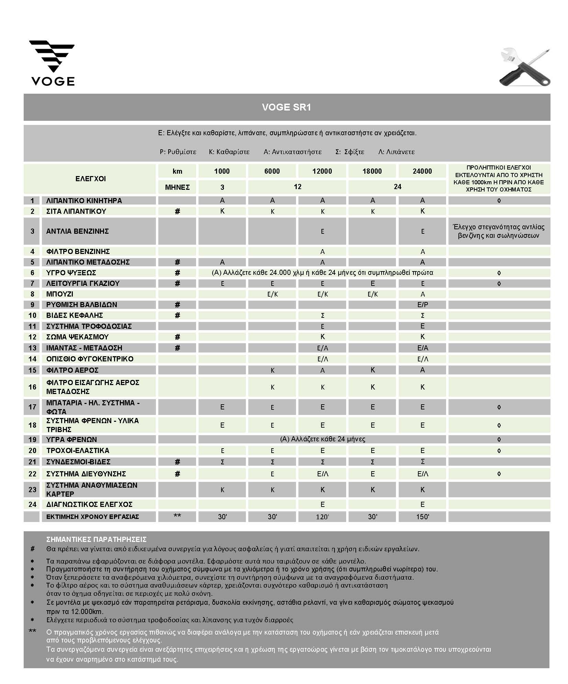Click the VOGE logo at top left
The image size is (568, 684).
[x=52, y=63]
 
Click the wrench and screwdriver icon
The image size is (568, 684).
[x=524, y=68]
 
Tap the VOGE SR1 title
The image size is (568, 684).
[x=286, y=107]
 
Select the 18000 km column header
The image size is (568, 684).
[x=372, y=171]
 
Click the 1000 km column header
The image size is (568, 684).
[x=222, y=171]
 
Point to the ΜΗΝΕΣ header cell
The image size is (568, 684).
[x=177, y=187]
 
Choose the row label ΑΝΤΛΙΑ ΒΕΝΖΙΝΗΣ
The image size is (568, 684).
[x=77, y=231]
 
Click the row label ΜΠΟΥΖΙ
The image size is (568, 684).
[x=60, y=294]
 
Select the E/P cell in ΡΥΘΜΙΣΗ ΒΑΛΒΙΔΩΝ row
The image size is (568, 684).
[x=422, y=304]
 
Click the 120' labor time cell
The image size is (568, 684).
[x=322, y=517]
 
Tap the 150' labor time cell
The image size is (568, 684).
[x=422, y=517]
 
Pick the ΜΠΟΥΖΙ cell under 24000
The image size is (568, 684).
[x=422, y=294]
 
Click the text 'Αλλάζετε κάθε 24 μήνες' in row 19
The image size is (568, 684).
[x=322, y=439]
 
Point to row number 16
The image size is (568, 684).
[x=32, y=387]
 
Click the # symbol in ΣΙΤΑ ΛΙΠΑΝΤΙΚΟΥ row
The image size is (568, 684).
[x=177, y=211]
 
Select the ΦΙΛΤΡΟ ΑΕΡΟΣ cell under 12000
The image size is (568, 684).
[x=322, y=370]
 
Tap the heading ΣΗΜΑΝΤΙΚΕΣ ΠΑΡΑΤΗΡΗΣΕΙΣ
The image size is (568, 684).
[x=96, y=539]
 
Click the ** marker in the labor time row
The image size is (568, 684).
[x=177, y=516]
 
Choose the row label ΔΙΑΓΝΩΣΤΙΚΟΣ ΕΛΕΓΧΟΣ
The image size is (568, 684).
[x=89, y=504]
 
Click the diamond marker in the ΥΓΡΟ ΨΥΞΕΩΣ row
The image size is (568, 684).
[x=499, y=273]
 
